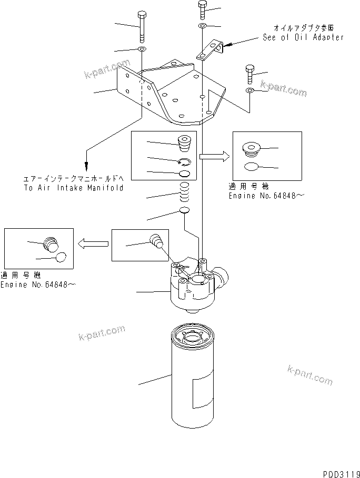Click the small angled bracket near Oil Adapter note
(x=209, y=50)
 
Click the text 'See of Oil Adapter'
(x=303, y=37)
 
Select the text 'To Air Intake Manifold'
(x=73, y=188)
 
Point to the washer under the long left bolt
(x=142, y=49)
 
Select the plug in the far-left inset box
(x=51, y=244)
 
